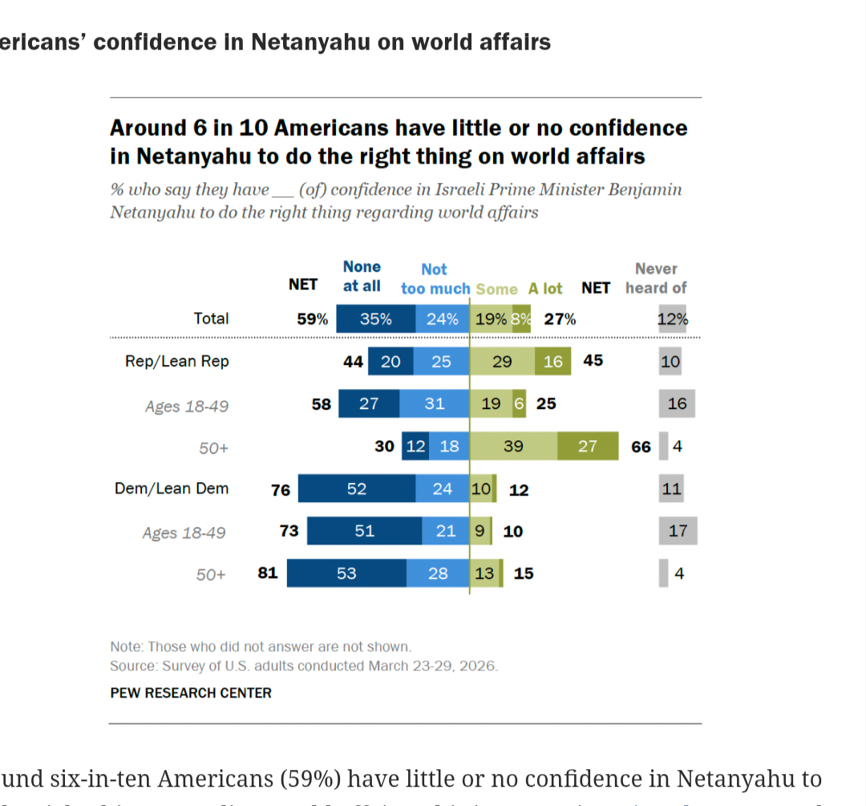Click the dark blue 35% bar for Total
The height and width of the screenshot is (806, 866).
point(375,318)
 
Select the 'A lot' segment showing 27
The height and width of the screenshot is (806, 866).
point(588,446)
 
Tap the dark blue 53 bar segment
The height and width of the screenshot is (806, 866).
point(346,573)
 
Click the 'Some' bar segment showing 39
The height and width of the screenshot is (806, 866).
point(513,446)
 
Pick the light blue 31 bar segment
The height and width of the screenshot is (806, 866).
point(434,403)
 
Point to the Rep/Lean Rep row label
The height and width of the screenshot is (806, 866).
point(176,361)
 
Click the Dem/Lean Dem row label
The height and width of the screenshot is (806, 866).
point(172,488)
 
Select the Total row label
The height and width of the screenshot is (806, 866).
point(211,318)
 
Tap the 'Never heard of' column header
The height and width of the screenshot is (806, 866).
point(656,278)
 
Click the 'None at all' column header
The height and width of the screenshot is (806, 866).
point(362,276)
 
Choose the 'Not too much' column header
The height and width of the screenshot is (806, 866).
point(435,279)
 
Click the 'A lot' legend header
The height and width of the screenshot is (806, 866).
point(545,289)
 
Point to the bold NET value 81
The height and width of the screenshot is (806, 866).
point(268,573)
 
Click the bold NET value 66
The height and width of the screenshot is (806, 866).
point(641,447)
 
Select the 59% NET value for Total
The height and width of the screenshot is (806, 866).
point(312,318)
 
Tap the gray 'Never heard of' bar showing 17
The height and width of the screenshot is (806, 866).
point(678,531)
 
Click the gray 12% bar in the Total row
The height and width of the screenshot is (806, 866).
point(673,318)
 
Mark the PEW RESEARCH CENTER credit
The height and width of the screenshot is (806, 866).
point(191,693)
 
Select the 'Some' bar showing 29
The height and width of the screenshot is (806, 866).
point(502,361)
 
